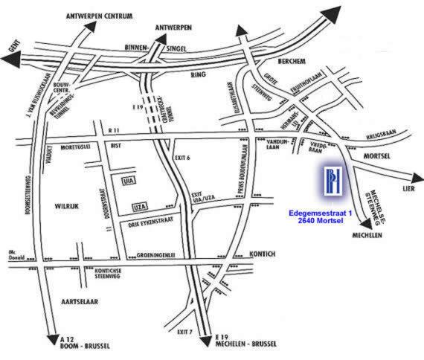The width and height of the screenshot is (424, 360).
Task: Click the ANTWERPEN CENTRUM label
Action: click(x=100, y=14)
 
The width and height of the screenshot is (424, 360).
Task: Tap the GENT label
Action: click(x=10, y=45)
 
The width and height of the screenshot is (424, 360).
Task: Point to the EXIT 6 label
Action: click(x=184, y=158)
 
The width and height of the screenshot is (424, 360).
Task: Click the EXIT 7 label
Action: click(x=181, y=331)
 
